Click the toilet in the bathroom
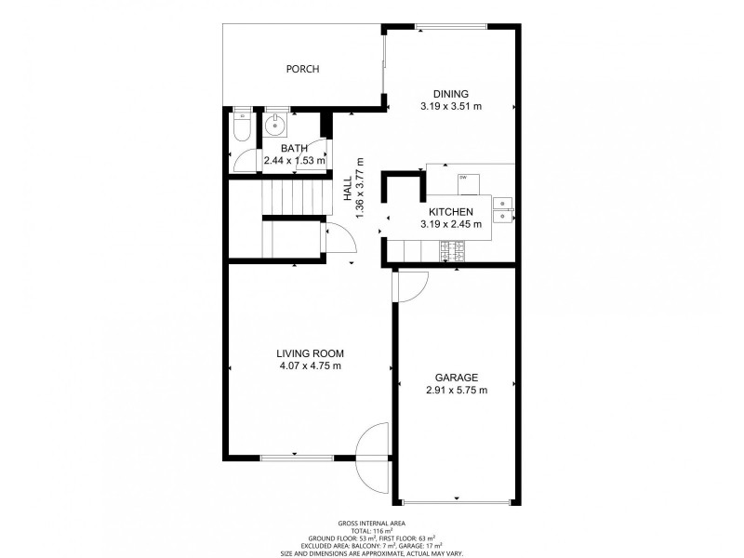pyautogui.click(x=241, y=126)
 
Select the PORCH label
pyautogui.click(x=302, y=69)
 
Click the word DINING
pyautogui.click(x=450, y=93)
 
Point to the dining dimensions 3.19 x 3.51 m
pyautogui.click(x=450, y=106)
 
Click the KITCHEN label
pyautogui.click(x=451, y=212)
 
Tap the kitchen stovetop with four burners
pyautogui.click(x=452, y=248)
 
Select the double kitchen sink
pyautogui.click(x=502, y=209)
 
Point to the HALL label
pyautogui.click(x=346, y=191)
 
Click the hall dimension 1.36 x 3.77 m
pyautogui.click(x=359, y=191)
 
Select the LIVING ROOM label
pyautogui.click(x=310, y=353)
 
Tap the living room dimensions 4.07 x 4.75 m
pyautogui.click(x=310, y=366)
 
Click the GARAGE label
pyautogui.click(x=456, y=378)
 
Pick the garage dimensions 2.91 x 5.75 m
pyautogui.click(x=456, y=391)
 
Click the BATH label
pyautogui.click(x=294, y=148)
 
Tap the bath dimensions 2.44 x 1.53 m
pyautogui.click(x=294, y=160)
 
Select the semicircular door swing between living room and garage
pyautogui.click(x=375, y=456)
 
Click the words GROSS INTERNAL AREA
pyautogui.click(x=371, y=524)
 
